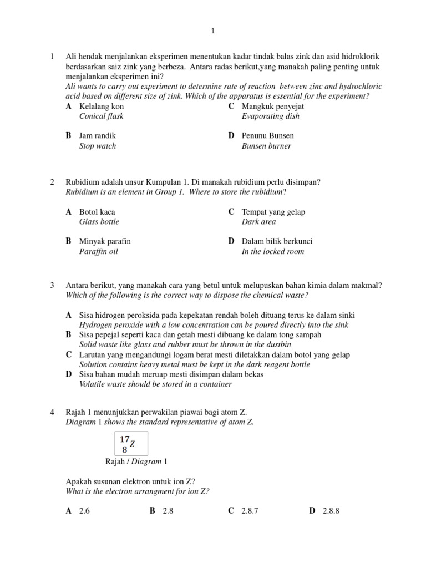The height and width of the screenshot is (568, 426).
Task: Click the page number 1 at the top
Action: coord(212,32)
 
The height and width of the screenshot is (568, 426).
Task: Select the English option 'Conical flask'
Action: coord(102,116)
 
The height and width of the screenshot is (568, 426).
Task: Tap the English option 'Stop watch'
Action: coord(98,146)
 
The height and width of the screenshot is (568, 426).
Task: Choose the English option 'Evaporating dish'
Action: coord(270,116)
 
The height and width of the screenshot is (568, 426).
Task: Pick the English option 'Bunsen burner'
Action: coord(266,146)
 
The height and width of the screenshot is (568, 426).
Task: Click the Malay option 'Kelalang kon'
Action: coord(102,106)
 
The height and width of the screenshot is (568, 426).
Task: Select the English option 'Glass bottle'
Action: coord(99,222)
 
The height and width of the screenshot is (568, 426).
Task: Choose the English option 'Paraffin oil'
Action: coord(99,252)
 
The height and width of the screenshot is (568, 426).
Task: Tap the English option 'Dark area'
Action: coord(258,222)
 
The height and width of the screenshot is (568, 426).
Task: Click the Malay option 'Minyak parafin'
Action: coord(105,241)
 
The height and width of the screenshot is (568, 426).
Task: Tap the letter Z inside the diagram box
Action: coord(133,444)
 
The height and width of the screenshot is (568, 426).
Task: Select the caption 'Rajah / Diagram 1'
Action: coord(135,461)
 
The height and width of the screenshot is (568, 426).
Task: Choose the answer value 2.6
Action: coord(84,511)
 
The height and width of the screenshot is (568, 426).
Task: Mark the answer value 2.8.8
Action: coord(331,511)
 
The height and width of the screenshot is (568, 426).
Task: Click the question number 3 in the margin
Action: coord(52,285)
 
